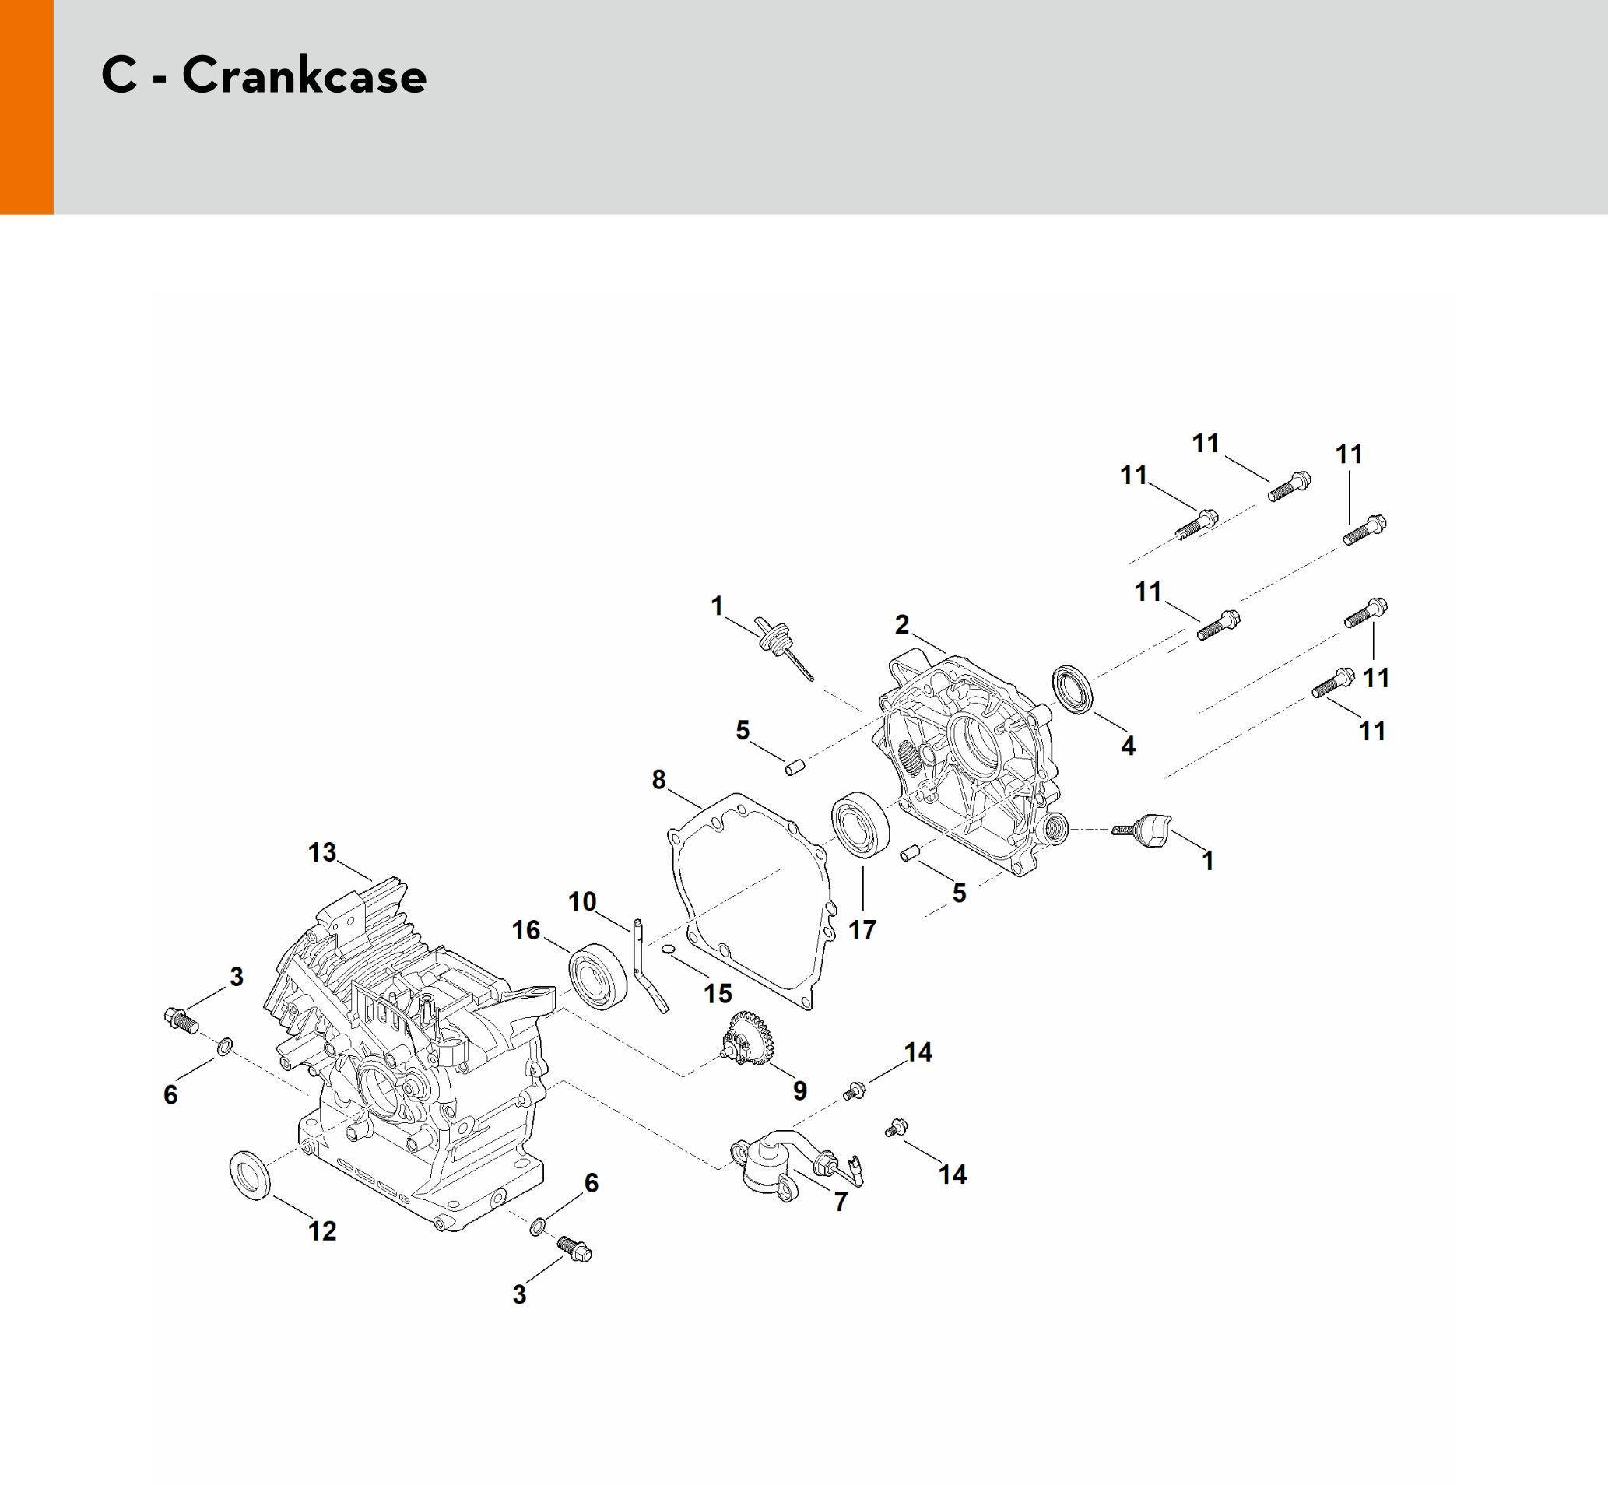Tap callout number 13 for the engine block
[322, 851]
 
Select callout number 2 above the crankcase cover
[901, 624]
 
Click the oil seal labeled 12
[251, 1174]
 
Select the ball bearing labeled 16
[598, 975]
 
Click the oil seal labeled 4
[1073, 689]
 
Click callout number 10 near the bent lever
[582, 901]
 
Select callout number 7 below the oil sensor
[841, 1202]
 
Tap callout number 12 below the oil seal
[322, 1231]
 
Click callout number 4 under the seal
[1129, 746]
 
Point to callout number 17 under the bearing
[862, 931]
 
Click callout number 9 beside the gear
[799, 1090]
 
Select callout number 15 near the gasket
[718, 994]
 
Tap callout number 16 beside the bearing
[525, 931]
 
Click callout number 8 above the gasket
[659, 779]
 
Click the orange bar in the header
[26, 107]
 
